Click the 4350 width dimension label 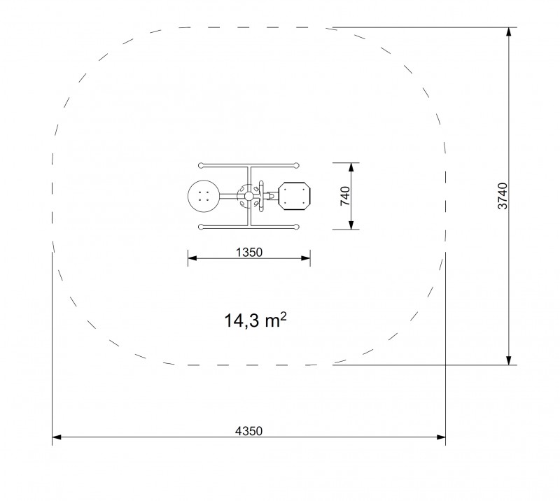pyautogui.click(x=248, y=431)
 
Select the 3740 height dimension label pyautogui.click(x=503, y=196)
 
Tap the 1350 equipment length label pyautogui.click(x=249, y=253)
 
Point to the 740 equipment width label pyautogui.click(x=345, y=196)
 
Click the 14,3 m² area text pyautogui.click(x=255, y=320)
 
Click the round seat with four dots pyautogui.click(x=204, y=196)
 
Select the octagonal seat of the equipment pyautogui.click(x=294, y=196)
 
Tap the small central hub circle pyautogui.click(x=248, y=196)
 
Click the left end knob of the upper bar pyautogui.click(x=201, y=165)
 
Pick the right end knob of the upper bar pyautogui.click(x=296, y=165)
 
